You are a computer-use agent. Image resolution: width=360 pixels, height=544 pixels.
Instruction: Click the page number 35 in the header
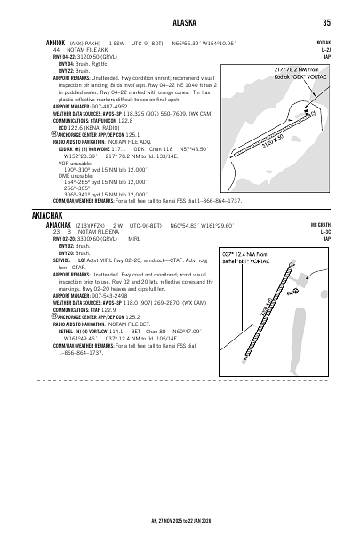point(328,22)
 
